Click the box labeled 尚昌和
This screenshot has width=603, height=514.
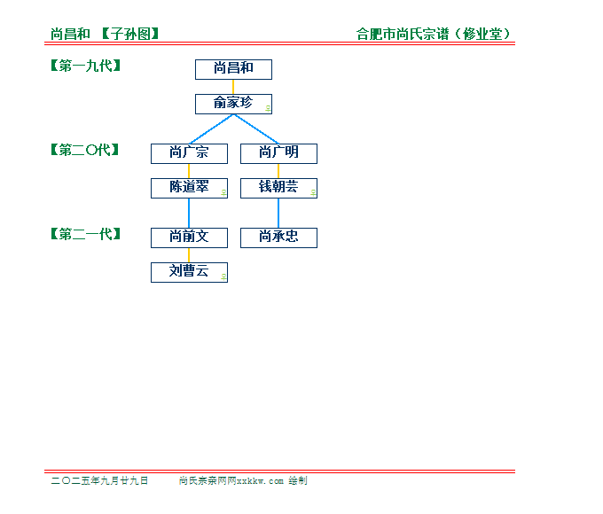coord(233,70)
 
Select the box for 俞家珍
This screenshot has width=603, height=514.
coord(233,105)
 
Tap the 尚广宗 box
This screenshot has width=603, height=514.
coord(189,154)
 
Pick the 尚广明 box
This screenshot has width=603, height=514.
coord(278,154)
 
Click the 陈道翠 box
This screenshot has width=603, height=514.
coord(189,189)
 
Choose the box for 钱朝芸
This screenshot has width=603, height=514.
coord(278,189)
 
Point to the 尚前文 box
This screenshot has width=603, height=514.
coord(189,238)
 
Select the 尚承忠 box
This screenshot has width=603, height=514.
coord(278,238)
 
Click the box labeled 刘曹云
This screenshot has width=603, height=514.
coord(189,273)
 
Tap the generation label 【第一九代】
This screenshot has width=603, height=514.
coord(86,66)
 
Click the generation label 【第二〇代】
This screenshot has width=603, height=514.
coord(85,150)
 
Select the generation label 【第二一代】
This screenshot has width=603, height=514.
coord(86,234)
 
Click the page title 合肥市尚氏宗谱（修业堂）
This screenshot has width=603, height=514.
coord(434,34)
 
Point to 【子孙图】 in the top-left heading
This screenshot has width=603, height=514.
coord(130,34)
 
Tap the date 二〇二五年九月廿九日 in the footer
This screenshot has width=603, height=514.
coord(99,480)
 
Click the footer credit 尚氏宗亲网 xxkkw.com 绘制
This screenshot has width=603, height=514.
coord(243,480)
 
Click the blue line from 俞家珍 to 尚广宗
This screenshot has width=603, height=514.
coord(212,129)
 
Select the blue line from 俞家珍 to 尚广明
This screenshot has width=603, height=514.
coord(256,129)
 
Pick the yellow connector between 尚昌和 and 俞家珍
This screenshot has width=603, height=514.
coord(233,87)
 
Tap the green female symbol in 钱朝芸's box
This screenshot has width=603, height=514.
coord(313,192)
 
